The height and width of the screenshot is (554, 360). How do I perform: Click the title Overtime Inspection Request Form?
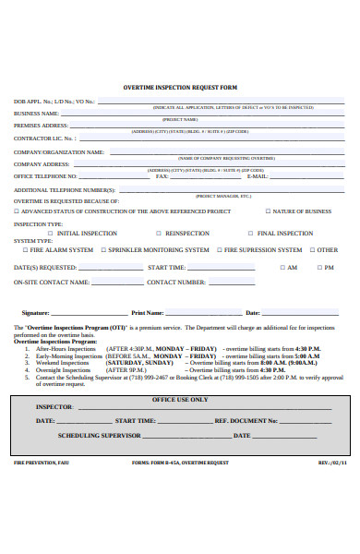click(x=180, y=87)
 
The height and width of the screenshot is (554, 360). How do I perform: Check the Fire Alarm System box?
click(x=25, y=250)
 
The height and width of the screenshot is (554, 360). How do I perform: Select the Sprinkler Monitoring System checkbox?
click(x=102, y=250)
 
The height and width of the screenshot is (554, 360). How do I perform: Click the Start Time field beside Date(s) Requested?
click(x=222, y=267)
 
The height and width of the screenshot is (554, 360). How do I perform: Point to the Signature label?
click(x=35, y=313)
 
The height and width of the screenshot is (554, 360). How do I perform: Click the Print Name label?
click(x=147, y=313)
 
